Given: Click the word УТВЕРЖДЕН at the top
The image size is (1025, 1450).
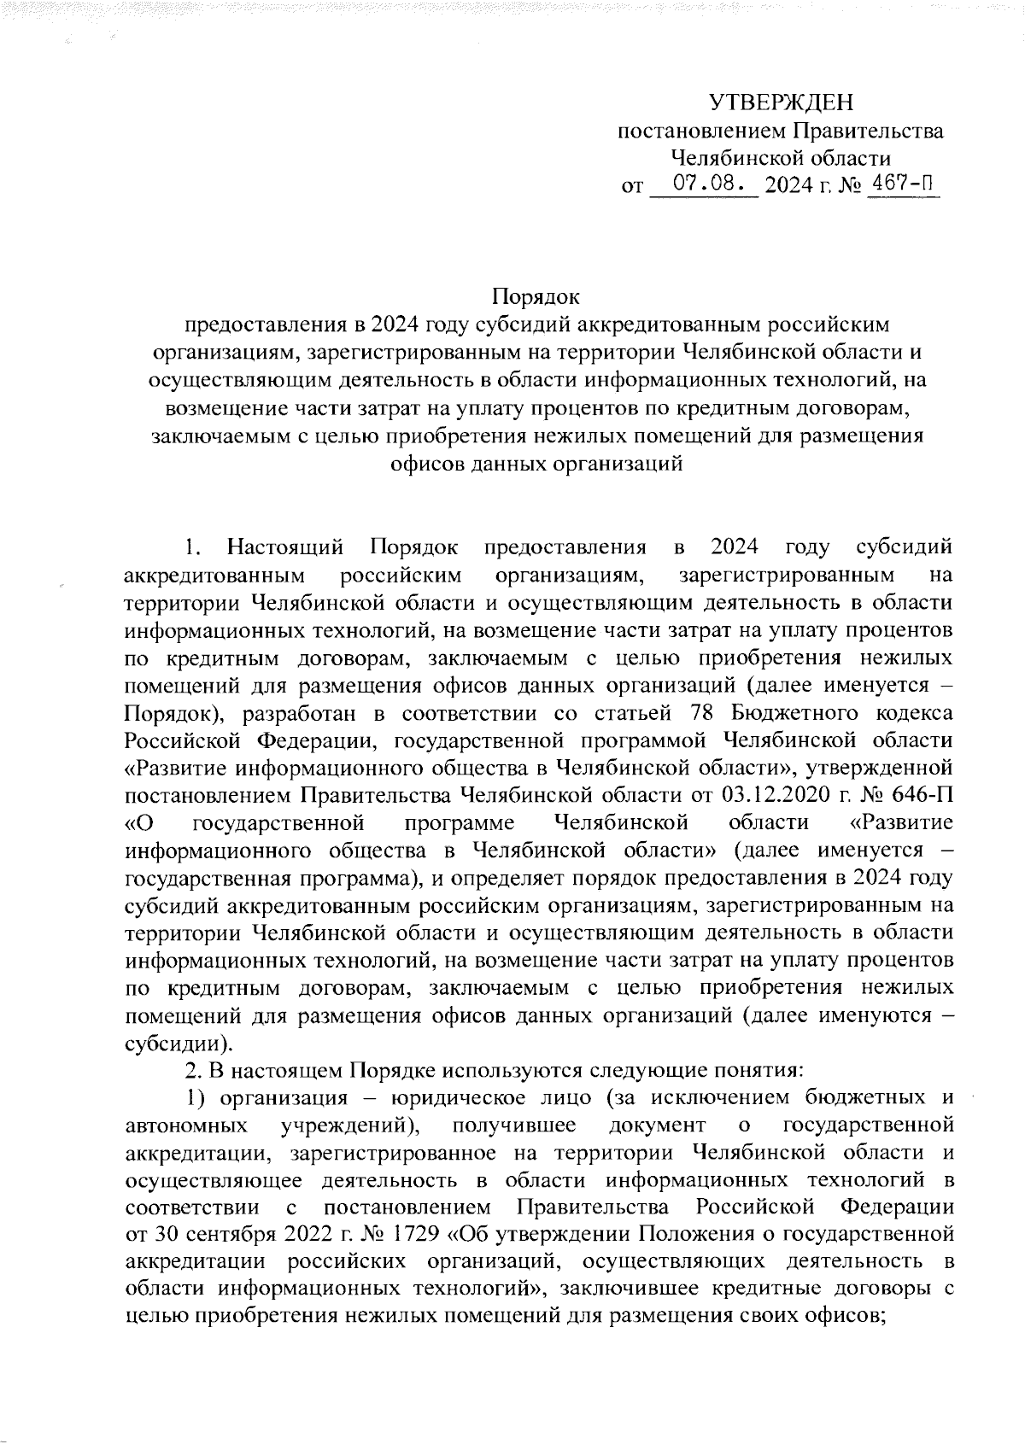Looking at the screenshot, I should coord(781,104).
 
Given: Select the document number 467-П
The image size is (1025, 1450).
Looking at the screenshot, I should coord(902,184).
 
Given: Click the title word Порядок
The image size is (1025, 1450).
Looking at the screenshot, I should coord(537,297).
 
